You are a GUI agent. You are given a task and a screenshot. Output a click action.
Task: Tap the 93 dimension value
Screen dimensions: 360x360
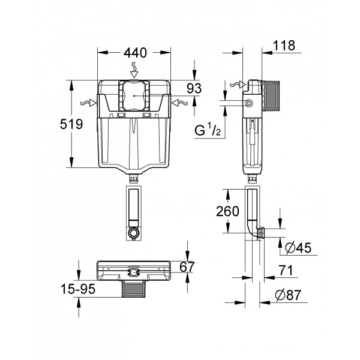pyautogui.click(x=194, y=88)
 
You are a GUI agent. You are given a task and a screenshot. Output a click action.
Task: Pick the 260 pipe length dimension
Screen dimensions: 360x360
pyautogui.click(x=227, y=211)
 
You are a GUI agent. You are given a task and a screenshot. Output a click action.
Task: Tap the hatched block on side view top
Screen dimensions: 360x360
pyautogui.click(x=275, y=95)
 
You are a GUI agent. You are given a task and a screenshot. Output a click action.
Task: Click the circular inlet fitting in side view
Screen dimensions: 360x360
pyautogui.click(x=248, y=104)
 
